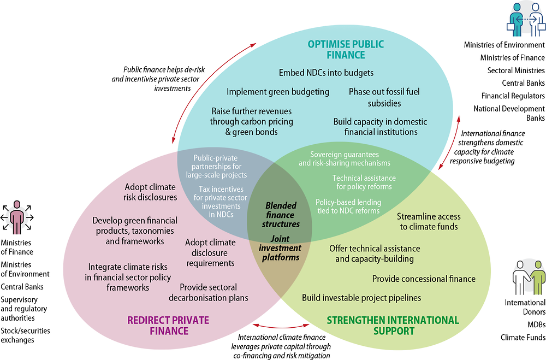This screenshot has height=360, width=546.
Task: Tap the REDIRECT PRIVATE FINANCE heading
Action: (168, 325)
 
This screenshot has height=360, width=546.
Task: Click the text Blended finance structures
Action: (282, 215)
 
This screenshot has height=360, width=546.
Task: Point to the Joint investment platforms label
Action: (280, 247)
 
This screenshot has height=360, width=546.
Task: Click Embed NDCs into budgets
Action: (326, 72)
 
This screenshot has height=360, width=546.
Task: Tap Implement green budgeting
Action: (278, 92)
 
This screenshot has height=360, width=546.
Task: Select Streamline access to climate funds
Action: (427, 221)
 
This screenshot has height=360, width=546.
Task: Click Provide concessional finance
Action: (424, 279)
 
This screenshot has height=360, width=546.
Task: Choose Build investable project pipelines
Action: (361, 298)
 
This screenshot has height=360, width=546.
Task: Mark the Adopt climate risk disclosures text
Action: (151, 191)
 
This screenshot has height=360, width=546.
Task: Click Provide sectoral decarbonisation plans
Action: (214, 292)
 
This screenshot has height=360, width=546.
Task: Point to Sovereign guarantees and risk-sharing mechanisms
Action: (345, 158)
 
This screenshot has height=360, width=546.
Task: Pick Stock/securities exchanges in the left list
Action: (25, 334)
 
